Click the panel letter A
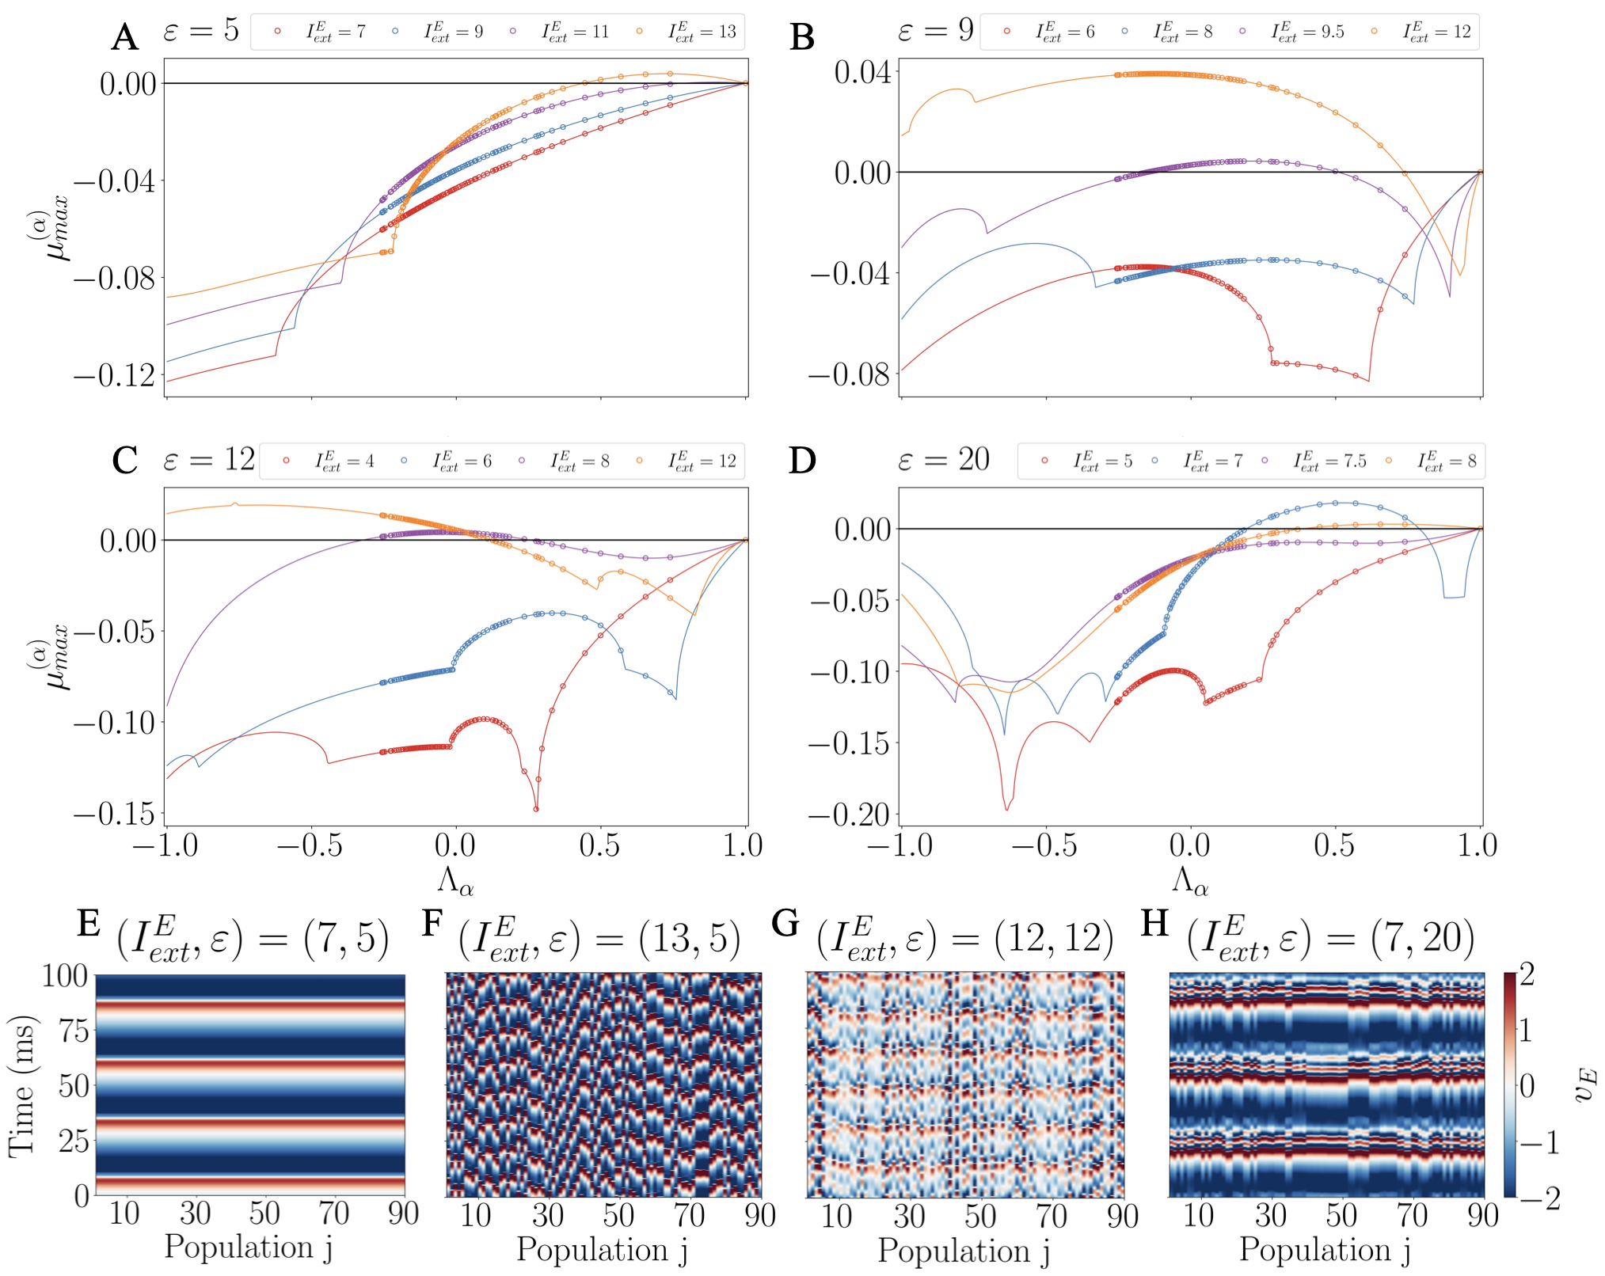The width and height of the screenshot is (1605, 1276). click(x=125, y=37)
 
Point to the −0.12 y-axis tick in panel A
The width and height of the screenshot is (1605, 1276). click(x=116, y=375)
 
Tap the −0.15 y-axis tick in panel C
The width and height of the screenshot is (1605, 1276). click(x=116, y=813)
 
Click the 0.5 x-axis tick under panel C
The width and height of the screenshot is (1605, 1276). click(x=599, y=845)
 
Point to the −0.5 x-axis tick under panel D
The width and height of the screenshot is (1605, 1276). click(x=1044, y=845)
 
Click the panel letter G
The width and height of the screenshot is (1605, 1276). click(x=785, y=923)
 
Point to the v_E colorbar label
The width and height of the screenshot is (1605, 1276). click(x=1584, y=1084)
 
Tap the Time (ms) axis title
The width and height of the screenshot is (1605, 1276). click(x=22, y=1085)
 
